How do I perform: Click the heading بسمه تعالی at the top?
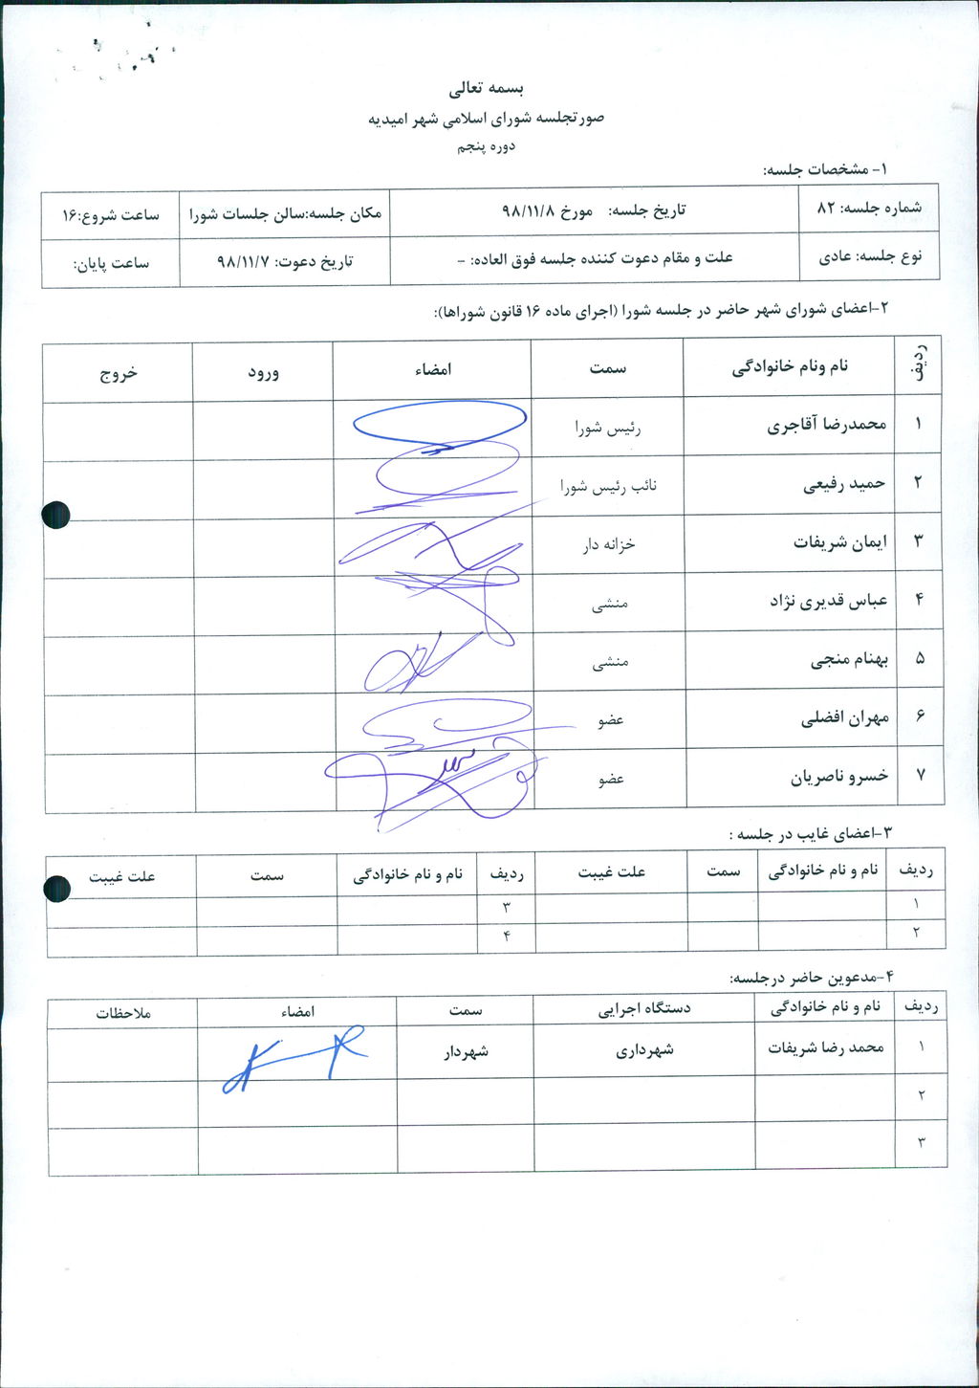coord(488,89)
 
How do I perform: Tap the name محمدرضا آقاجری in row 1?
coord(827,425)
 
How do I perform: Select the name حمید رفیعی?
coord(844,484)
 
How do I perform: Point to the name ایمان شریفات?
coord(840,542)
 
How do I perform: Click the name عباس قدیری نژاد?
coord(829,601)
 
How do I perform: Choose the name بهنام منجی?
coord(850,659)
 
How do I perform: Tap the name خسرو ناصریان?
coord(839,777)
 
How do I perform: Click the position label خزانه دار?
coord(609,544)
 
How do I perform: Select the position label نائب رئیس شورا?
coord(608,486)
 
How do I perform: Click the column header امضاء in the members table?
coord(433,369)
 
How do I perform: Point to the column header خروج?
coord(119,372)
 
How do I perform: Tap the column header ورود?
coord(263,371)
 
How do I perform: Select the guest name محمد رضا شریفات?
coord(826,1047)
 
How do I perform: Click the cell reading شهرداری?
coord(645,1049)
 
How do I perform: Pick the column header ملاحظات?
coord(123,1012)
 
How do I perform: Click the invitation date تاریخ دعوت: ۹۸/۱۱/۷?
coord(285,260)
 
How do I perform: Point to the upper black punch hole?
coord(56,515)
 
